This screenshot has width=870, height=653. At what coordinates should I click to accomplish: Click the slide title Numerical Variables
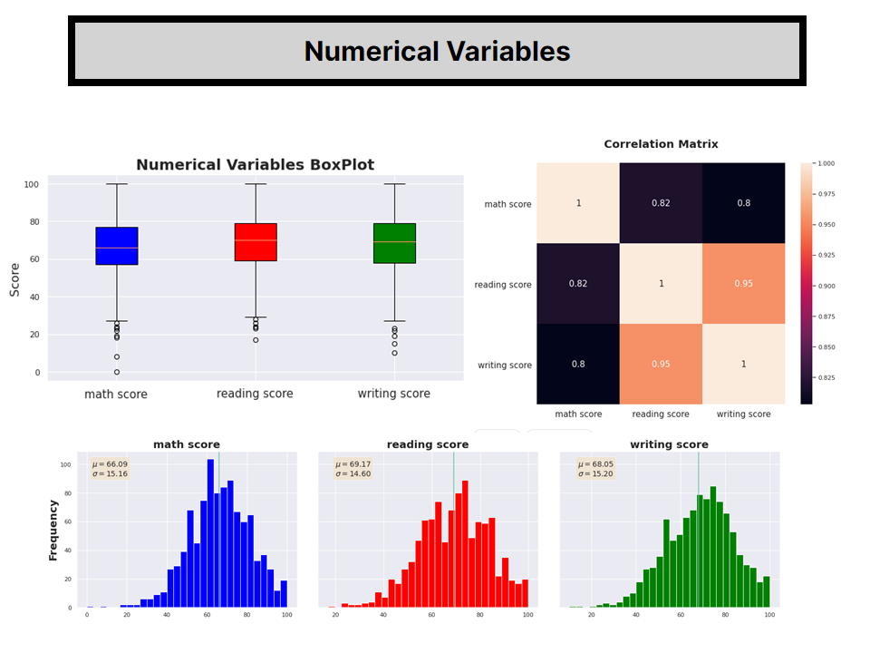click(x=437, y=52)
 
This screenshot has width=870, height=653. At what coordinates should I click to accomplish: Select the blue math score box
click(x=116, y=246)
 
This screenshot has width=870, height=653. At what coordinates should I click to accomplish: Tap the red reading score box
click(x=256, y=242)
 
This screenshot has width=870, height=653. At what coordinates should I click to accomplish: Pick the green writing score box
click(x=394, y=243)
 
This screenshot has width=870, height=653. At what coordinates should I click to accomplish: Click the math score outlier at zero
click(x=116, y=372)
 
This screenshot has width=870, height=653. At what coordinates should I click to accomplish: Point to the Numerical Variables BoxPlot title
click(x=255, y=165)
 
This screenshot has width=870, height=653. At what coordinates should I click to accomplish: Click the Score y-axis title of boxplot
click(x=14, y=278)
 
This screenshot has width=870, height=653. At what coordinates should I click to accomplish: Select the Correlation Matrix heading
click(x=661, y=144)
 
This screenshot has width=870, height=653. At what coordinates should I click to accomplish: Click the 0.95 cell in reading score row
click(x=743, y=284)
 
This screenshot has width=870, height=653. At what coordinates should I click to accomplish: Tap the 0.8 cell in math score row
click(x=743, y=203)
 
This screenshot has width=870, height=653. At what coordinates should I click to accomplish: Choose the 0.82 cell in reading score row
click(x=578, y=284)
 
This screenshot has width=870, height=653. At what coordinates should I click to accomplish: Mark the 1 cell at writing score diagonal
click(x=743, y=365)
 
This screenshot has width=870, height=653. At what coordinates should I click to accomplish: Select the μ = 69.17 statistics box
click(x=353, y=469)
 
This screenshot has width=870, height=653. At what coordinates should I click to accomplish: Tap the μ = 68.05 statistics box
click(x=595, y=469)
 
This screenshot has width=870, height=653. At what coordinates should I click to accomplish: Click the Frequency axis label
click(x=53, y=530)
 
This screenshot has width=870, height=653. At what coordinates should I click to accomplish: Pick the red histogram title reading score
click(x=428, y=444)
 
